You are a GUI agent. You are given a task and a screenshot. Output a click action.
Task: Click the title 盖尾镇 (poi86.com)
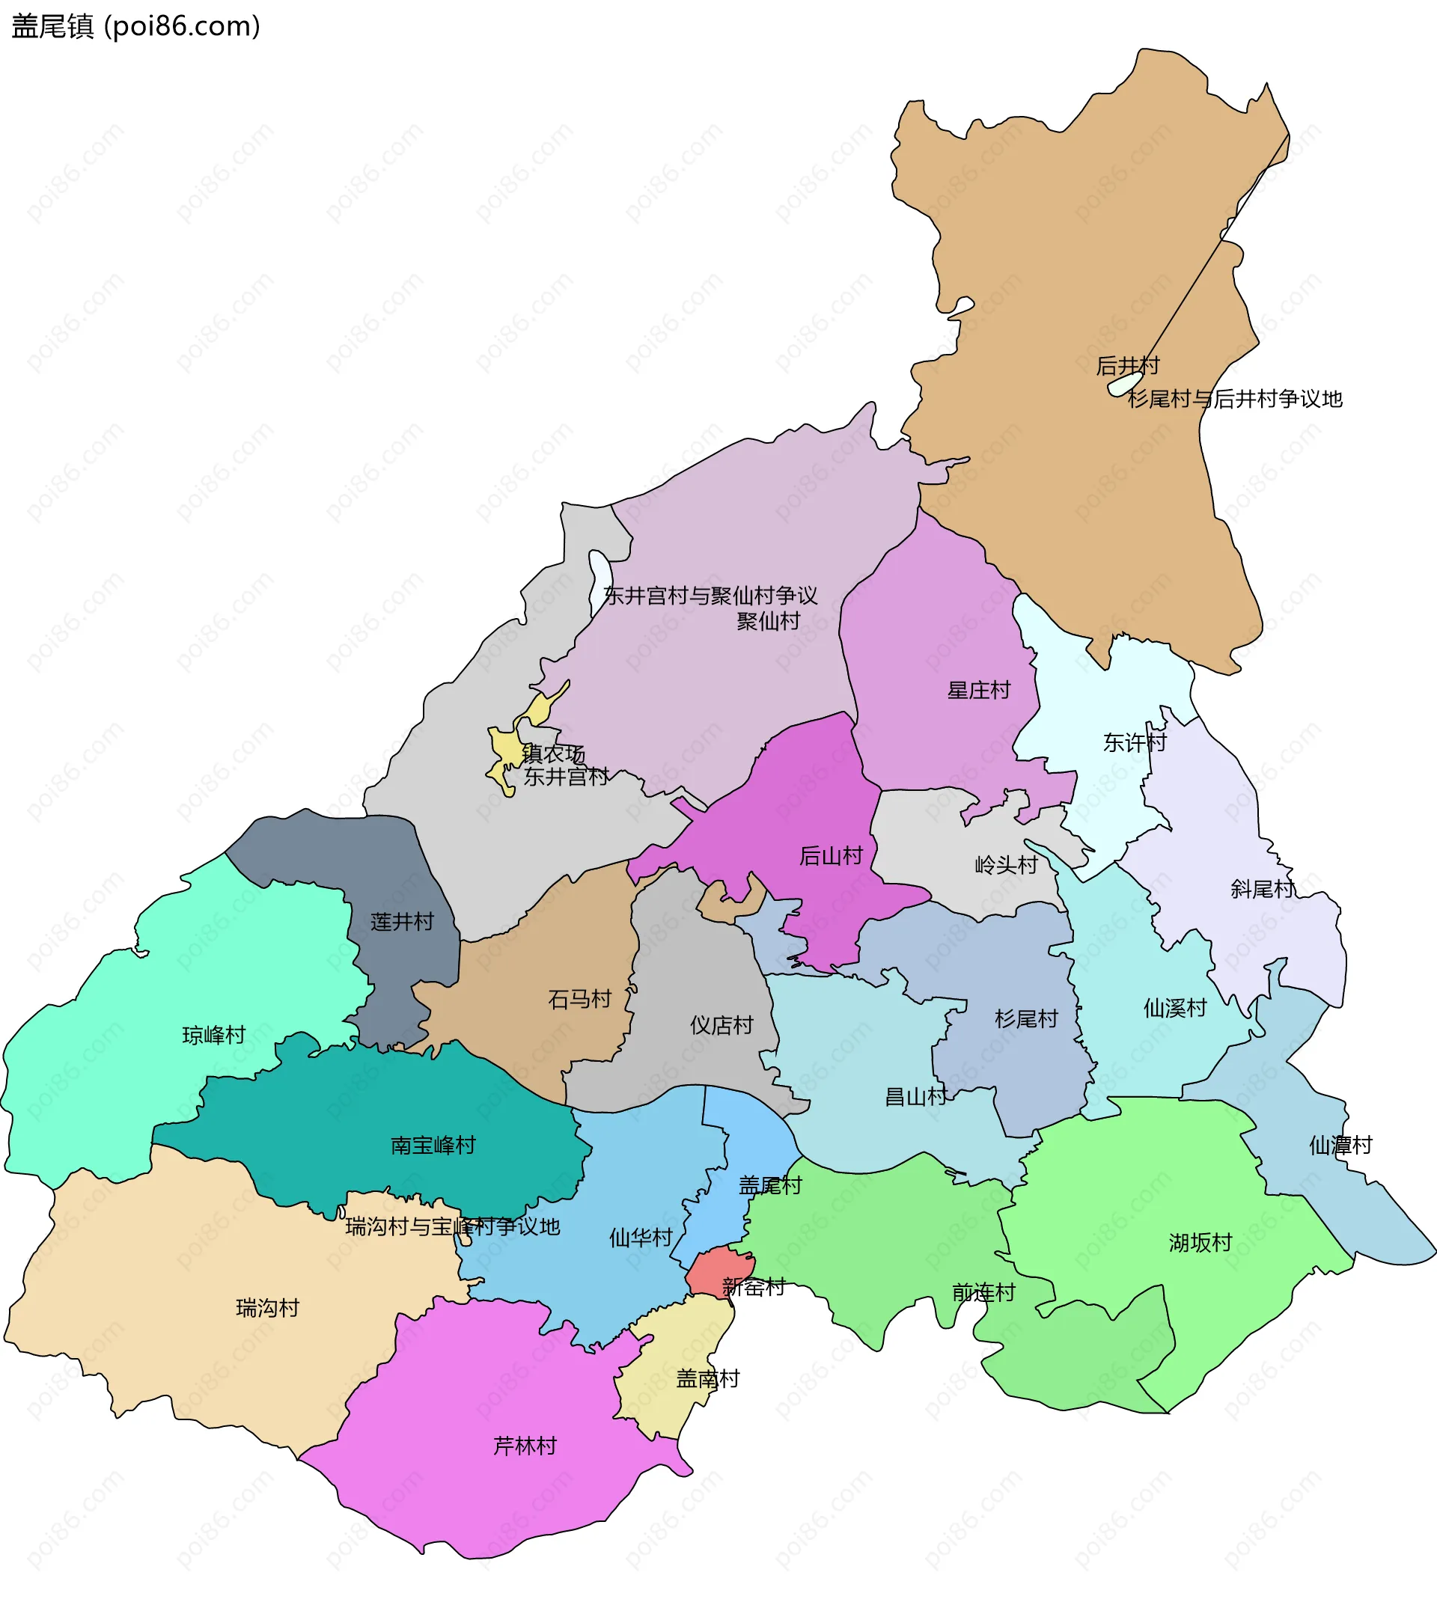(x=135, y=26)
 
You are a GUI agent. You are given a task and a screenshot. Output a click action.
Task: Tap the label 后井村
(x=1126, y=365)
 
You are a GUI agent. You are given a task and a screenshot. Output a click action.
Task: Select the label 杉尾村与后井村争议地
(x=1235, y=399)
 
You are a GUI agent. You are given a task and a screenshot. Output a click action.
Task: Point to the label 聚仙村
(x=768, y=621)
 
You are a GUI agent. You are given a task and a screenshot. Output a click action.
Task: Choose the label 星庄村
(x=978, y=690)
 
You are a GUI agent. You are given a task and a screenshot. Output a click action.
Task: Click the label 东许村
(x=1134, y=742)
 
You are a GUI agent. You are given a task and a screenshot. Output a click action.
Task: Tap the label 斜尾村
(x=1262, y=889)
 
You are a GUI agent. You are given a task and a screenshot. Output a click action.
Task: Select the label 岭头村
(x=1006, y=864)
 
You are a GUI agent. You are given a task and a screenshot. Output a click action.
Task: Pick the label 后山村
(x=831, y=855)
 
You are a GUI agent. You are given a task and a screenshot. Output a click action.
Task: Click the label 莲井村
(x=402, y=921)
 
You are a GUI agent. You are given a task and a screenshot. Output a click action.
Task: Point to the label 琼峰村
(x=214, y=1035)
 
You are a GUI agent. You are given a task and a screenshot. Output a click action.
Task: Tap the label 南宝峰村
(x=433, y=1145)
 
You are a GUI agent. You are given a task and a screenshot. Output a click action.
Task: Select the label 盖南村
(x=707, y=1378)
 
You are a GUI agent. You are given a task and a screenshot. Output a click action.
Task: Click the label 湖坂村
(x=1200, y=1243)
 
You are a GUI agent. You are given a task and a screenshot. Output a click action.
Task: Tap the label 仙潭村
(x=1340, y=1145)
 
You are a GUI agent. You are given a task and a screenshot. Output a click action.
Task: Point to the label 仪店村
(x=721, y=1024)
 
